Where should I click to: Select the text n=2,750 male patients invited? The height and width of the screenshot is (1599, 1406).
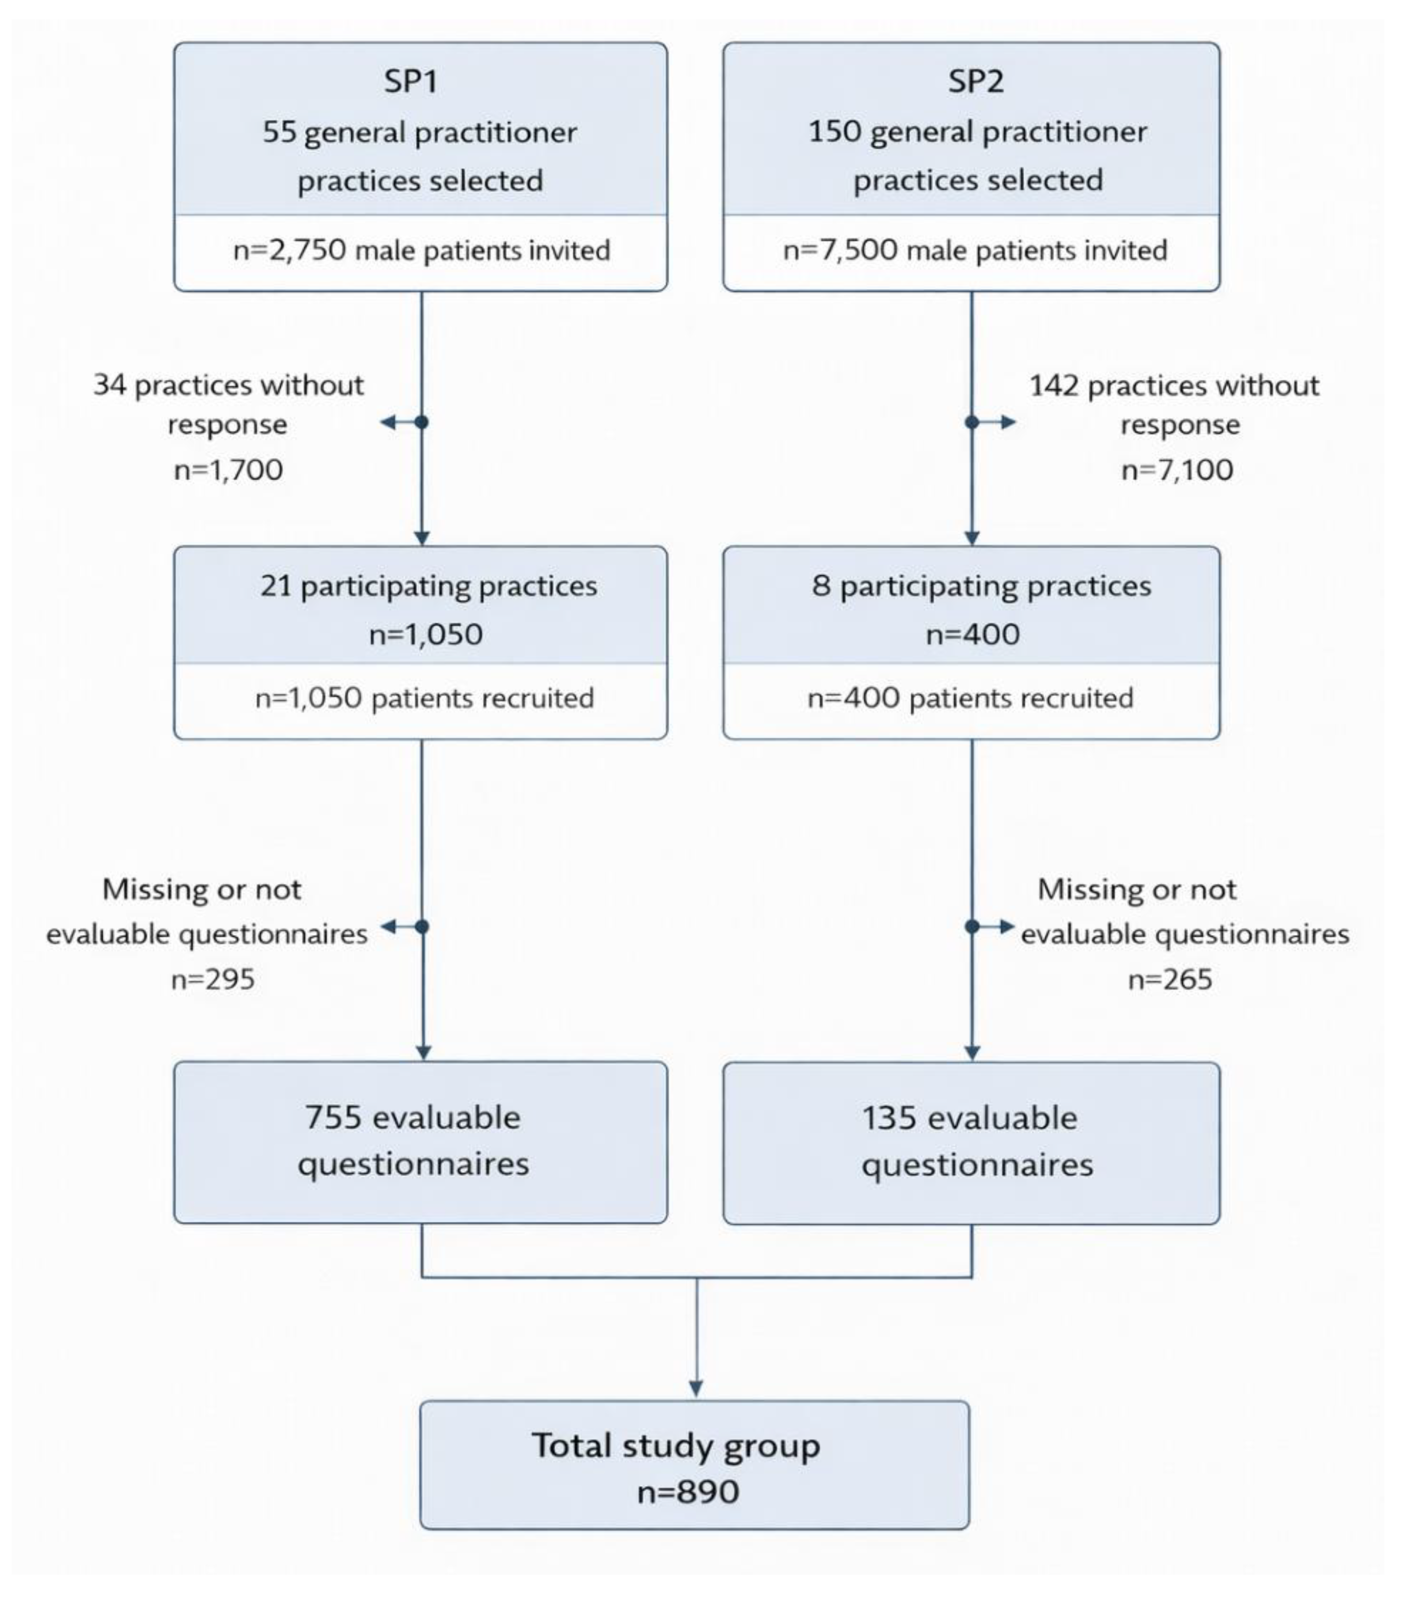point(421,251)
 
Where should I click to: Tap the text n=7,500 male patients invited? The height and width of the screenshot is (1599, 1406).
point(975,251)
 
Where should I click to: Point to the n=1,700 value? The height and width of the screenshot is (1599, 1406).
point(228,470)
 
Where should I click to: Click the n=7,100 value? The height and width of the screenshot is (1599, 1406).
point(1177,470)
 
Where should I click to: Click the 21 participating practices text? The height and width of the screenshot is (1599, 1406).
point(428,586)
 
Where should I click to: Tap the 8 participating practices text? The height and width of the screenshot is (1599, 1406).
point(981,586)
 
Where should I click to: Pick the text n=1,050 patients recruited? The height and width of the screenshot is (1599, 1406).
point(424,698)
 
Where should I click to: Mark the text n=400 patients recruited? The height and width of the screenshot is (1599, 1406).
point(970,698)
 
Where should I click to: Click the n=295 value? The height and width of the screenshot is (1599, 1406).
point(213,980)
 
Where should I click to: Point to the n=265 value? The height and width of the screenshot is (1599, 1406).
point(1170,980)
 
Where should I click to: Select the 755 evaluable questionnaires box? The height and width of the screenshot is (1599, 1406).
point(420,1141)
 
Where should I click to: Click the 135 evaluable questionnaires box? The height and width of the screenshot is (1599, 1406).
point(970,1142)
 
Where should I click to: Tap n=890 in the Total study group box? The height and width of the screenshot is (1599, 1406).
point(688,1492)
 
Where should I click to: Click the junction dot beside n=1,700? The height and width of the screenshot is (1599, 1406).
point(422,422)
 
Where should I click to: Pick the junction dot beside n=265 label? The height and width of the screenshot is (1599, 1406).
point(972,927)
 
